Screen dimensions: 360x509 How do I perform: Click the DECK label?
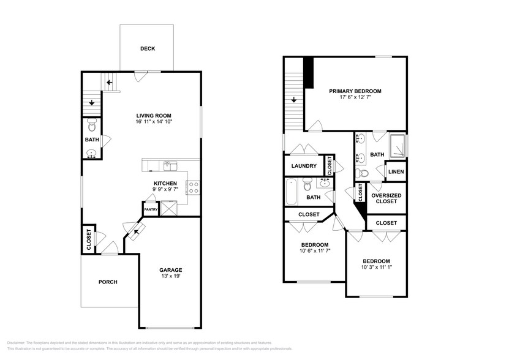click(x=147, y=49)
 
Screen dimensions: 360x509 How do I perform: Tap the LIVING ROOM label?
click(x=153, y=115)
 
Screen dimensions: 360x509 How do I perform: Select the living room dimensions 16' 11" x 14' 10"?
click(x=153, y=122)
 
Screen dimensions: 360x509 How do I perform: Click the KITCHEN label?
click(x=165, y=183)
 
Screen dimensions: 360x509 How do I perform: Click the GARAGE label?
click(x=171, y=270)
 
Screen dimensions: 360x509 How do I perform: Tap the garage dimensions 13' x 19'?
click(x=171, y=277)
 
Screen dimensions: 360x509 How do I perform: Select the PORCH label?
click(x=108, y=282)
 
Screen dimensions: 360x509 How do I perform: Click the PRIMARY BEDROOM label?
click(x=350, y=91)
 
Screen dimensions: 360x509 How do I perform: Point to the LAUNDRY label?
click(x=304, y=166)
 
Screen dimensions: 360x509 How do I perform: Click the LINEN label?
click(x=396, y=172)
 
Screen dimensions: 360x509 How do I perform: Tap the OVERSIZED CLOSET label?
click(x=386, y=198)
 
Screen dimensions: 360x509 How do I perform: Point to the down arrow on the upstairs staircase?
click(x=295, y=100)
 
